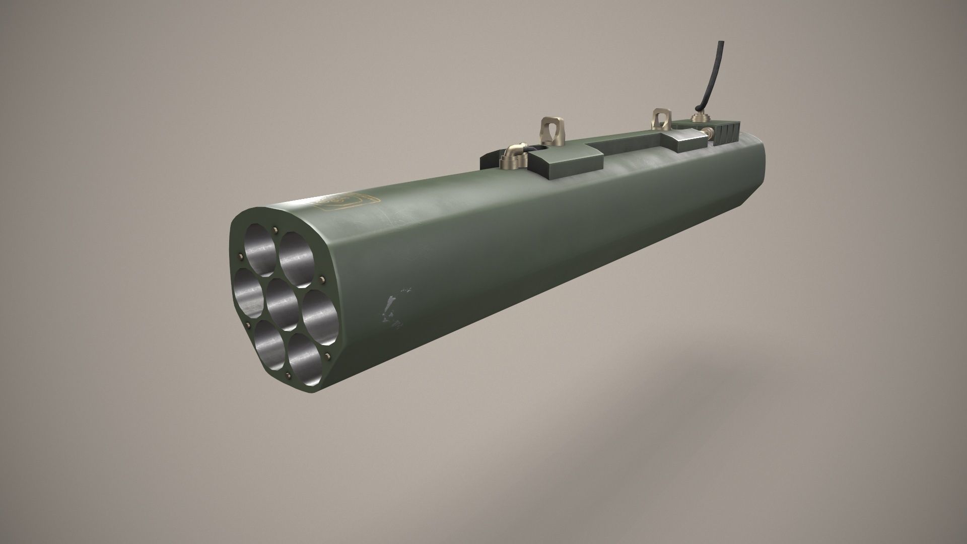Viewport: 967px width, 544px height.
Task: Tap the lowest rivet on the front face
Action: click(x=288, y=375)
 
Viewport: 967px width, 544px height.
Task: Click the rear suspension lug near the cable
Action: click(x=659, y=118)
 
